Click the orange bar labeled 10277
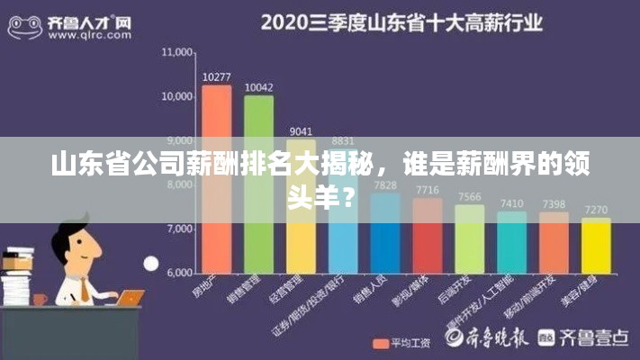(x=216, y=179)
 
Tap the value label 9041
(x=301, y=131)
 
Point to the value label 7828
(x=385, y=185)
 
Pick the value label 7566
(x=469, y=196)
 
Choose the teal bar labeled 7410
(x=511, y=242)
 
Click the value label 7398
(x=554, y=204)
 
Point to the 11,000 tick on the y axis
(x=176, y=53)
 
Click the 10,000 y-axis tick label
(x=176, y=96)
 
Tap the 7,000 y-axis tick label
(x=179, y=229)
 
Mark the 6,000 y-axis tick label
(x=179, y=272)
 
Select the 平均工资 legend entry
(x=404, y=343)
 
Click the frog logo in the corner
(x=24, y=25)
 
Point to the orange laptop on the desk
(x=130, y=297)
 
